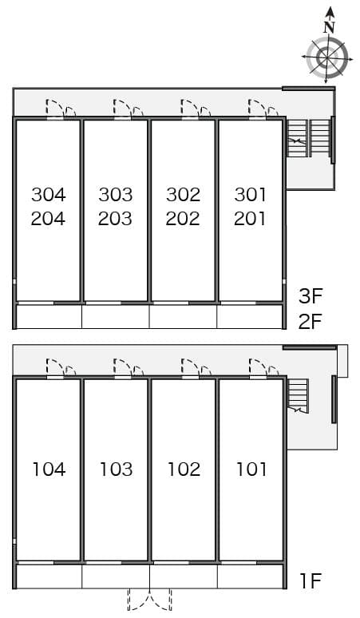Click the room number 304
(49, 194)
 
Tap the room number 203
(116, 218)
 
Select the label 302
(183, 194)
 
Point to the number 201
(250, 218)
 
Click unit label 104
(49, 469)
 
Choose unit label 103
(116, 469)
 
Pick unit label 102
(184, 469)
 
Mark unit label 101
(251, 469)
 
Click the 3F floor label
(311, 297)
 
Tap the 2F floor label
(311, 322)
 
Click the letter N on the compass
(328, 27)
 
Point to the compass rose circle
(327, 58)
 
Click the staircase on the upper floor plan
(308, 139)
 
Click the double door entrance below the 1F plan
(150, 600)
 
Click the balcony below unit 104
(49, 575)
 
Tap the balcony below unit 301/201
(250, 316)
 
